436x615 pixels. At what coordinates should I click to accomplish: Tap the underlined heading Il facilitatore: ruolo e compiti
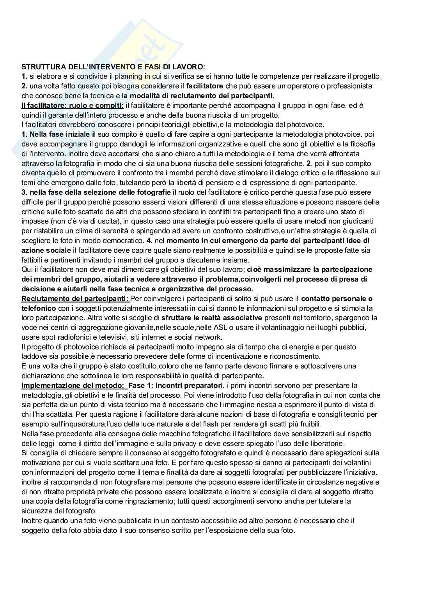click(73, 105)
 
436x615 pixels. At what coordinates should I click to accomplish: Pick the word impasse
click(35, 221)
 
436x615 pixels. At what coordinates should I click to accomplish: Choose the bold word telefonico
click(35, 308)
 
